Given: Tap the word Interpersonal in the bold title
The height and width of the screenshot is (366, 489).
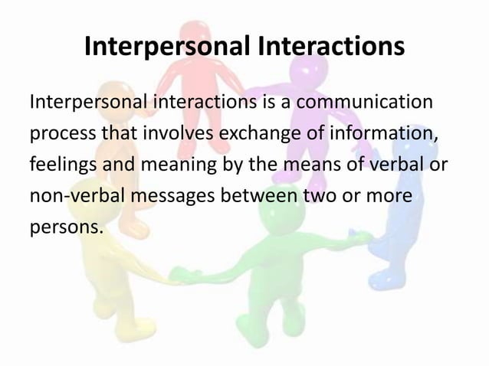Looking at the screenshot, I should tap(167, 47).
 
